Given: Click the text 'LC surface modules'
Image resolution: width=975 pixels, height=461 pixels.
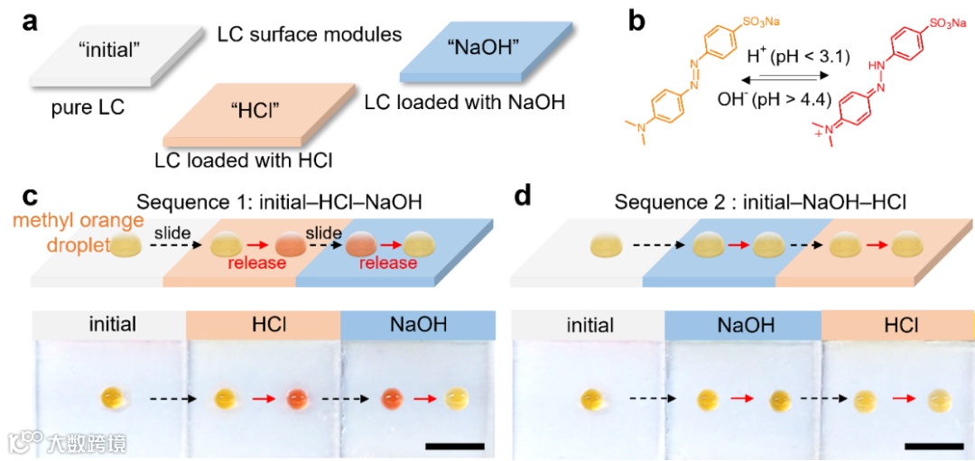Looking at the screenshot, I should click(x=310, y=35).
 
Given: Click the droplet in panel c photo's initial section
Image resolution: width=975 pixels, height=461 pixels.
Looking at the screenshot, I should click(x=114, y=396).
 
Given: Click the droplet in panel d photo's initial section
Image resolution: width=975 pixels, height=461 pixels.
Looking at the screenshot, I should click(x=592, y=397).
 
